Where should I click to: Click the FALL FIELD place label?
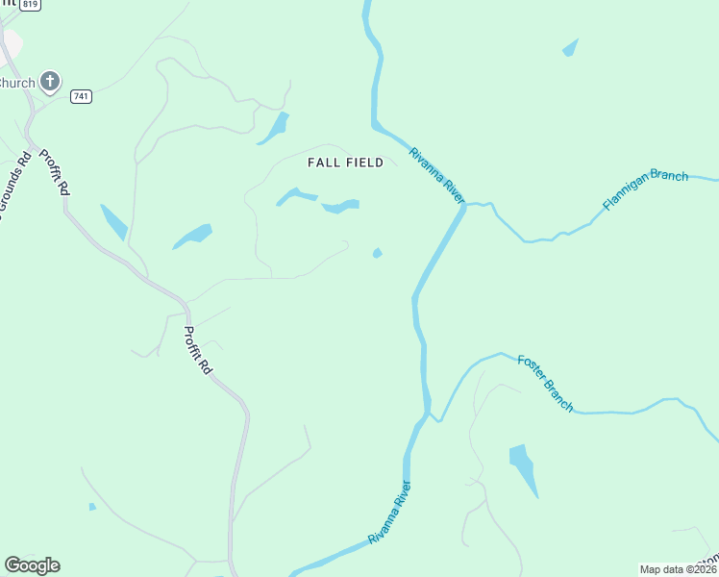coord(345,163)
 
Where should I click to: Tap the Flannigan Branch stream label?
coord(645,189)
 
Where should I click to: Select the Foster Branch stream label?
coord(545,383)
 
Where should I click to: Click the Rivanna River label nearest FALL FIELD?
coord(436,174)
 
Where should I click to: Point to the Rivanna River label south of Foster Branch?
coord(389,513)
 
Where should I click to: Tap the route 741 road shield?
coord(81,97)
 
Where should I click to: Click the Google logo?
coord(32,565)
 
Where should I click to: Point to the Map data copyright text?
coord(679,569)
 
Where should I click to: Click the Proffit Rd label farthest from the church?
coord(199,350)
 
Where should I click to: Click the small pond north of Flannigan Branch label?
coord(571,47)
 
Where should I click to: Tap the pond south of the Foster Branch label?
coord(522,467)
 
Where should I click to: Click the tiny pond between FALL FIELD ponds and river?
coord(377,253)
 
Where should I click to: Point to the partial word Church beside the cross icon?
coord(17,83)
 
